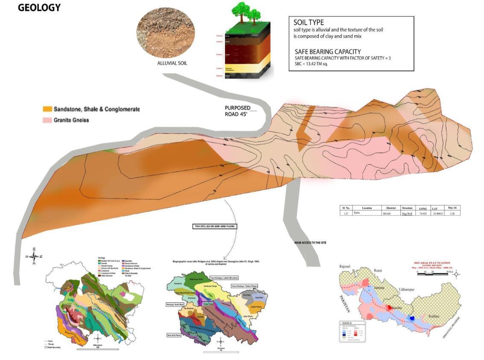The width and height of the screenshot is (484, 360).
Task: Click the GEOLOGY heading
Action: coord(39,8)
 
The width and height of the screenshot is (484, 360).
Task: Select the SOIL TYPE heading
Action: coord(309,22)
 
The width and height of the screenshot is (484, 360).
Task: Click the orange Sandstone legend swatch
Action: coord(47,110)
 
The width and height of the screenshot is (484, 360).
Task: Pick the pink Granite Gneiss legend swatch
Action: coord(47,120)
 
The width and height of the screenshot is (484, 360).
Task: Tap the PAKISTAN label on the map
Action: coord(346,303)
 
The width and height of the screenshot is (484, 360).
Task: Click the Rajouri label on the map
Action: coord(344,267)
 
